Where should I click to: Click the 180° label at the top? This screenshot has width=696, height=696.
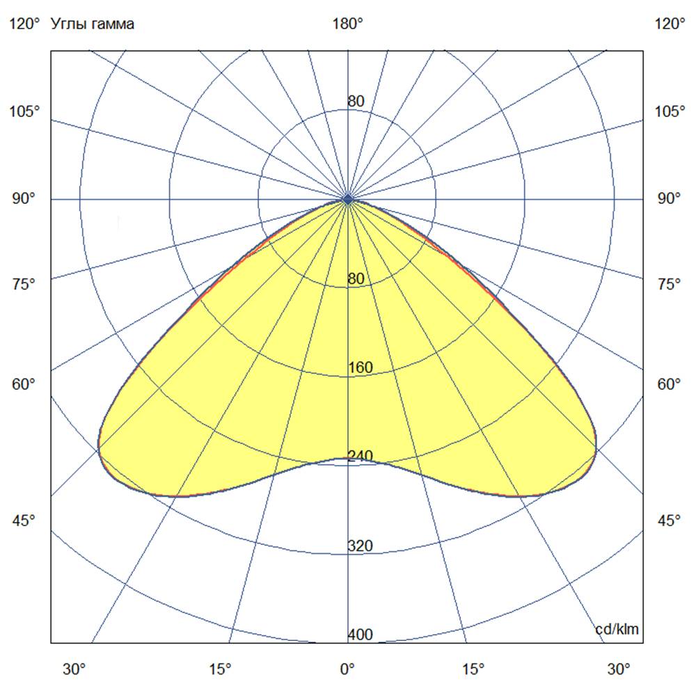(348, 24)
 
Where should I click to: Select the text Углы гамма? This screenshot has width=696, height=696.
(93, 24)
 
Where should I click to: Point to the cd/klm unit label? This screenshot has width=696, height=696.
(617, 629)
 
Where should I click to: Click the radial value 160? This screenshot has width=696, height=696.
(361, 367)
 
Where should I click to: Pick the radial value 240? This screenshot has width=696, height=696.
(361, 457)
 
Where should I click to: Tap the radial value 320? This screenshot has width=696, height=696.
(361, 546)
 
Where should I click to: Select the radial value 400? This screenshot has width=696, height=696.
(361, 635)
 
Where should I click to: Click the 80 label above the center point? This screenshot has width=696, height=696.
(356, 101)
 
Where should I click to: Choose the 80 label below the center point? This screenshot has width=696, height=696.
(356, 279)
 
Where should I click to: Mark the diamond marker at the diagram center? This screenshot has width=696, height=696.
(348, 199)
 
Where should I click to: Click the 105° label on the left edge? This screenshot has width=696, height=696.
(25, 112)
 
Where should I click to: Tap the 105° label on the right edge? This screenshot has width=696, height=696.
(670, 112)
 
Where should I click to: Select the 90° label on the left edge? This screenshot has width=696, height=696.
(25, 199)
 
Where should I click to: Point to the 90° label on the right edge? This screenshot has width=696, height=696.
(670, 199)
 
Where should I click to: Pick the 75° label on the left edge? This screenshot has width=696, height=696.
(25, 284)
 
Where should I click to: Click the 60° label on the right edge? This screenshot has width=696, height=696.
(670, 384)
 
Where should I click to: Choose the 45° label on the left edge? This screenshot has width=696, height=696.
(25, 521)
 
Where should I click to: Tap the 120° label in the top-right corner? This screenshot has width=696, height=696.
(670, 24)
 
